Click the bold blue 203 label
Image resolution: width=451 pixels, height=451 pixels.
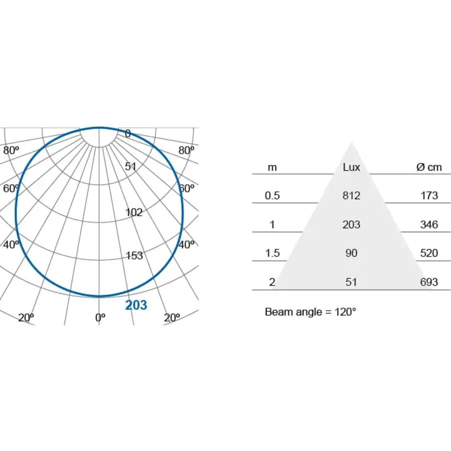(136, 305)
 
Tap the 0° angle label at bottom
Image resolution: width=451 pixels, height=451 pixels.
(100, 318)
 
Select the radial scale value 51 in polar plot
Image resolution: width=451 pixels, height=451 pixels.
(131, 166)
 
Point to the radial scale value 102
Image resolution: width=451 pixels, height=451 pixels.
(134, 212)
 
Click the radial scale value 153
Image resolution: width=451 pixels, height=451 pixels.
(134, 256)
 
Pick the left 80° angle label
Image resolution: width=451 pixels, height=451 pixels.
(11, 150)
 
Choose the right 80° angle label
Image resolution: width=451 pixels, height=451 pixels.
(186, 150)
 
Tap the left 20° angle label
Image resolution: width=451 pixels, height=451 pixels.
(26, 318)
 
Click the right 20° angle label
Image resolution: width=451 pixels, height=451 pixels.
(172, 318)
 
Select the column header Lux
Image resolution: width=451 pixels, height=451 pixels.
(351, 167)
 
